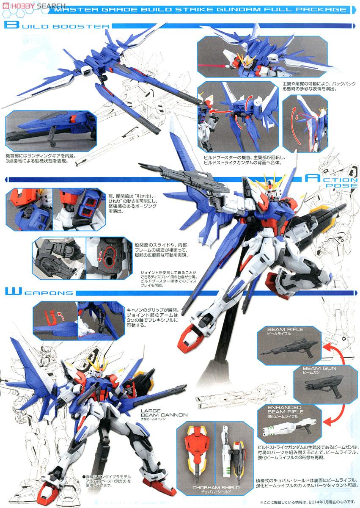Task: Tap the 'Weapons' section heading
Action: (x=40, y=293)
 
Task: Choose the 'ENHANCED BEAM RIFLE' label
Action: (x=284, y=409)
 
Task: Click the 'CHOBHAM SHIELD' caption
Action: (x=216, y=488)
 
